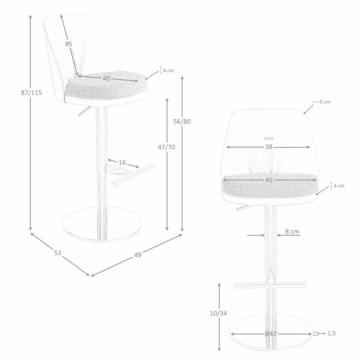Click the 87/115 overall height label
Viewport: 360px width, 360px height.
pyautogui.click(x=31, y=93)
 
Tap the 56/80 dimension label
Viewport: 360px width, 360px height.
pyautogui.click(x=182, y=121)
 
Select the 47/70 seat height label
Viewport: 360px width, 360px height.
pyautogui.click(x=167, y=147)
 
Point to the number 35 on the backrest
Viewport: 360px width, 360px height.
pyautogui.click(x=68, y=44)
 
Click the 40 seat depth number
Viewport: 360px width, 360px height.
pyautogui.click(x=106, y=78)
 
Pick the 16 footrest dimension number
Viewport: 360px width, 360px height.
pyautogui.click(x=122, y=163)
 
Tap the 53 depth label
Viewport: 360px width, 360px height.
pyautogui.click(x=58, y=253)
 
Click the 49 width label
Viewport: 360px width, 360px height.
pyautogui.click(x=138, y=255)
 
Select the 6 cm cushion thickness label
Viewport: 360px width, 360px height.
pyautogui.click(x=168, y=71)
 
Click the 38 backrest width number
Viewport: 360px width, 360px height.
pyautogui.click(x=269, y=147)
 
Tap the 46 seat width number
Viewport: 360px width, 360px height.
pyautogui.click(x=269, y=180)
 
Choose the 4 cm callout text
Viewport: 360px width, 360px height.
pyautogui.click(x=339, y=186)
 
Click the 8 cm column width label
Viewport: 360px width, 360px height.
pyautogui.click(x=292, y=231)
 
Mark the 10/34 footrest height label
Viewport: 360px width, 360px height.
pyautogui.click(x=219, y=313)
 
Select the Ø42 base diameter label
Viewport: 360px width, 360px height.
pyautogui.click(x=270, y=334)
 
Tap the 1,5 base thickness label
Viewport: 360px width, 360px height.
pyautogui.click(x=331, y=333)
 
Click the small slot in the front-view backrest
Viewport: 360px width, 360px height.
pyautogui.click(x=269, y=138)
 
